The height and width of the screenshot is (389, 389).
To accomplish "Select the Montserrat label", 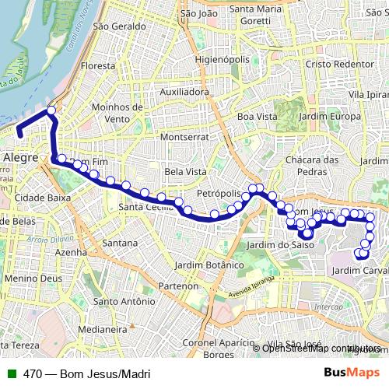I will point(181,136).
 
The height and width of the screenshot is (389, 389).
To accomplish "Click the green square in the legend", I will point(11,373).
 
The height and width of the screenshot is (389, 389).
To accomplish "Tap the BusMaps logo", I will point(351,373).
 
